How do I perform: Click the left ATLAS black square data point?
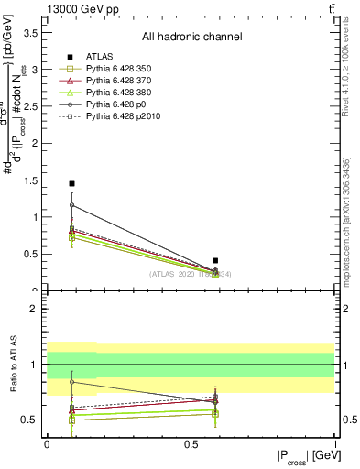coord(71,184)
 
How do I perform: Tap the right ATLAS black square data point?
coord(215,261)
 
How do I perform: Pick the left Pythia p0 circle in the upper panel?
coord(71,205)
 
